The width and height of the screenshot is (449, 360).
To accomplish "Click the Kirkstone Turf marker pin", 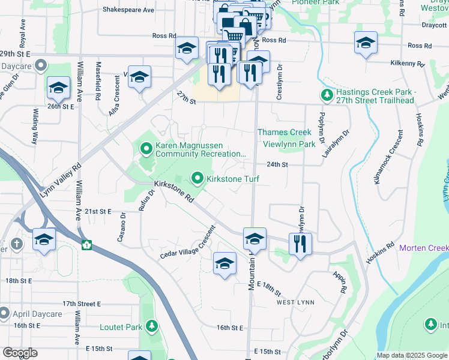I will tap(196, 178).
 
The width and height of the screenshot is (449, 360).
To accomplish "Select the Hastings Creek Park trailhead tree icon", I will tap(327, 95).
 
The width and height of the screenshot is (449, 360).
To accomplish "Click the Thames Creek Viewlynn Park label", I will tap(285, 138).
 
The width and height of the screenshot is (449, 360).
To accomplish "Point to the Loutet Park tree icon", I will tap(152, 326).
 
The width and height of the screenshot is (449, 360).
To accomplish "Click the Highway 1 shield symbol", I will tap(87, 245).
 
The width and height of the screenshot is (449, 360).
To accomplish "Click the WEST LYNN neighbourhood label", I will tap(294, 303).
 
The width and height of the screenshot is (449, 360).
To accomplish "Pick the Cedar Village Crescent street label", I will tap(187, 244).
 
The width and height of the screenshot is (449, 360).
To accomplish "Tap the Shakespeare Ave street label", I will tap(128, 10).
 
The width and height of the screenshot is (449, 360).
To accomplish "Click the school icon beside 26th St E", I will tap(58, 89).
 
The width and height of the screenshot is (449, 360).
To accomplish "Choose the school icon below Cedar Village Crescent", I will tap(224, 263).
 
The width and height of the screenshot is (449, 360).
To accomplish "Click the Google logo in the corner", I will tap(20, 353).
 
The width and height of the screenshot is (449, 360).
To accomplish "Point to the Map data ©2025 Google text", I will tap(412, 355).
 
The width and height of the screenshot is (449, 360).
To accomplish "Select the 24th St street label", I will tap(277, 164).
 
